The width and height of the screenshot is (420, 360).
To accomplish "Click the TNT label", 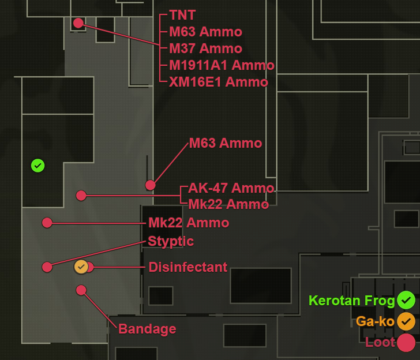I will point(182,16).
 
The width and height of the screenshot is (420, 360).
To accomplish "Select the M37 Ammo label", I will point(205,48).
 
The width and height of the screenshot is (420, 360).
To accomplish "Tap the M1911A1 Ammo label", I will point(222,65).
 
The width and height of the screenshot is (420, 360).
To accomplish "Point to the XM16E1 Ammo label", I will point(219,82).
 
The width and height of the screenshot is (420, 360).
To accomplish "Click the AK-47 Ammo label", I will point(231,188).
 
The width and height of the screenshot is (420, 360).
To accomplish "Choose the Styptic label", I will point(171,241).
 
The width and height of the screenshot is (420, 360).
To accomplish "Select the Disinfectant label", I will point(188,267).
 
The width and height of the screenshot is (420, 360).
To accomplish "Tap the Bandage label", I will point(147,329).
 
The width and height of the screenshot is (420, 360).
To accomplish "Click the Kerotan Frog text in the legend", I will point(351,301).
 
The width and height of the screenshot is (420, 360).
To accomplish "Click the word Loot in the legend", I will point(380,342).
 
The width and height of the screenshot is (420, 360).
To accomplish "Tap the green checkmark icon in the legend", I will point(406,300).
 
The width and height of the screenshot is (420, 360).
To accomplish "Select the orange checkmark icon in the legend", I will point(406,321).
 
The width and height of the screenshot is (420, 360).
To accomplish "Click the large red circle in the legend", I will point(406,342).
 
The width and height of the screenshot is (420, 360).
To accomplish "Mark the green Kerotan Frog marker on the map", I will point(37,166).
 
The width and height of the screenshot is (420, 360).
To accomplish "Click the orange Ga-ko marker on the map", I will point(81,267).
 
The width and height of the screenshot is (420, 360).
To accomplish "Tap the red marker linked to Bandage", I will point(81,290).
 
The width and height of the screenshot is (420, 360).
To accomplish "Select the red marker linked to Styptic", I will point(47,267).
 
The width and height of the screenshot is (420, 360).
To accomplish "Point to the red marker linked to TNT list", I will point(78,23).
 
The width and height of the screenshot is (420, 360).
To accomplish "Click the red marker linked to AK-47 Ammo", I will point(81,196).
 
